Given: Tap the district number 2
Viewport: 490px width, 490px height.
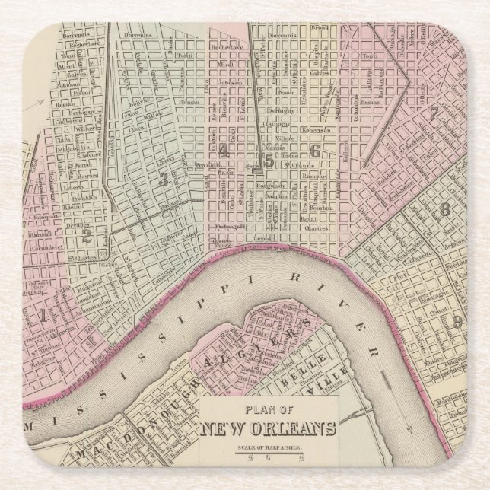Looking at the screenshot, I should point(87,237).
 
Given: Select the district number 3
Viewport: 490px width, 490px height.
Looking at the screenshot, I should point(163,179).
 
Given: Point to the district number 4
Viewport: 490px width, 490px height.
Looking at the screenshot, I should point(223,151).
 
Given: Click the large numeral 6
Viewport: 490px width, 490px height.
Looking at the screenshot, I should point(314,151).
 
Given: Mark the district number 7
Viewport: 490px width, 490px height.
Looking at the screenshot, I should point(433,116).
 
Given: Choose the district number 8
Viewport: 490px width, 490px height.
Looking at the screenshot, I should point(446,208).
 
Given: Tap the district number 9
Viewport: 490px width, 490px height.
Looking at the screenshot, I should point(457,322).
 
